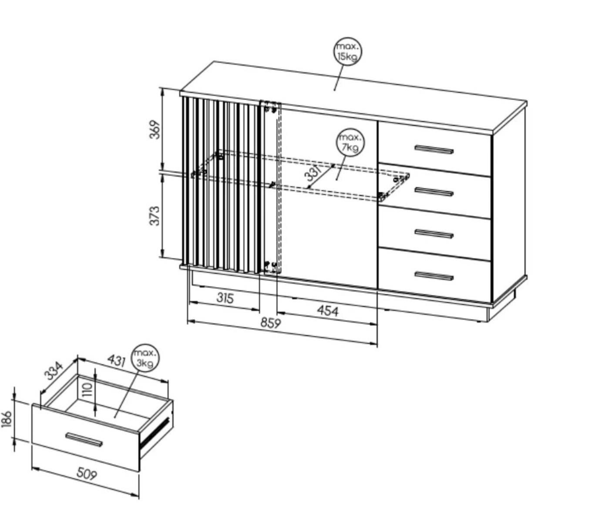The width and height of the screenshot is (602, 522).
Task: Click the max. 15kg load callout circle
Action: pyautogui.click(x=347, y=51)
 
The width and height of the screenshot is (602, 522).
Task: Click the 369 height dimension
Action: pyautogui.click(x=155, y=129)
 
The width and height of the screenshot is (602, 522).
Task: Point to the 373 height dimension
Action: pyautogui.click(x=155, y=216)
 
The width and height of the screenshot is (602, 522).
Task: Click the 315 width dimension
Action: pyautogui.click(x=225, y=298)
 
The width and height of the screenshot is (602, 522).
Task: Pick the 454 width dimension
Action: pyautogui.click(x=327, y=311)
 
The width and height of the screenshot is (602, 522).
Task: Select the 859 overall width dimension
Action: pyautogui.click(x=271, y=323)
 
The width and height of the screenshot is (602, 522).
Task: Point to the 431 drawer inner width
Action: pyautogui.click(x=117, y=360)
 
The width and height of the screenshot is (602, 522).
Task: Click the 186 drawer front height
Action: pyautogui.click(x=7, y=418)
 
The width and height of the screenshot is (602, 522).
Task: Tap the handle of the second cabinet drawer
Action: pyautogui.click(x=434, y=192)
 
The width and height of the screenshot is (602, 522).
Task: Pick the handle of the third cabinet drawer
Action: pyautogui.click(x=434, y=234)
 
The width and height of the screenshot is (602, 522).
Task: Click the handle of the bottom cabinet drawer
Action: pyautogui.click(x=434, y=276)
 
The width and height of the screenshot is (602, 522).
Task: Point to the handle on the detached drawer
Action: pyautogui.click(x=84, y=439)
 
